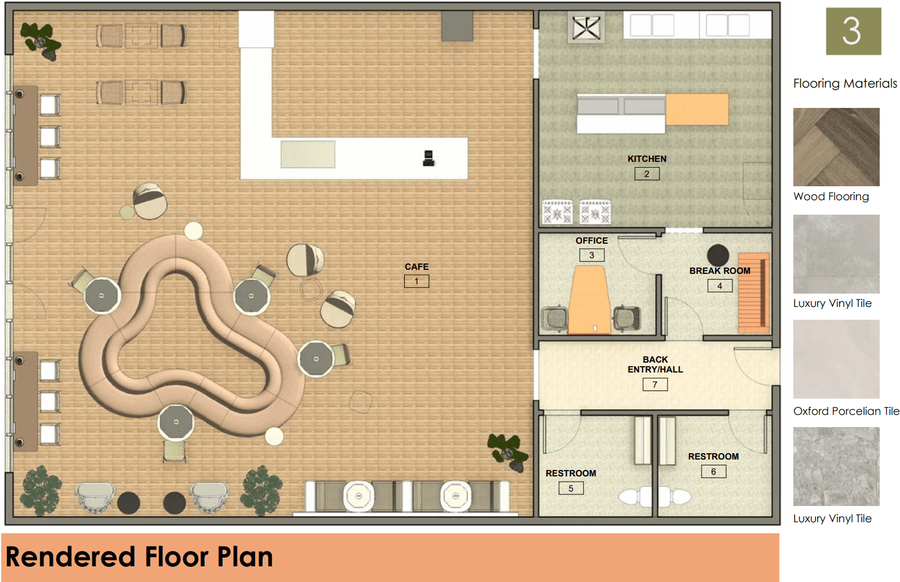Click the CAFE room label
coord(416,267)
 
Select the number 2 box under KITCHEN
coord(647,174)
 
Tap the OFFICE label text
coord(591,241)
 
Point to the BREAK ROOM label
coord(720,271)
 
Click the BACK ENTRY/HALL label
coord(655,364)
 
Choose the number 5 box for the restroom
coord(571,489)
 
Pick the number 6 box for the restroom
coord(713,472)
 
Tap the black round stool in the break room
coord(718,255)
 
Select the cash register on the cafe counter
coord(429,158)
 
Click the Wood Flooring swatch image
coord(836,147)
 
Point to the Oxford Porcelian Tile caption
coord(846,411)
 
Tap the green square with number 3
coord(853,31)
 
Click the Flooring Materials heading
coord(845,84)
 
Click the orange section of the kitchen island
coord(697,109)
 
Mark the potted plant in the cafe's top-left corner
coord(41,41)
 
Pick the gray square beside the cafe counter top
coord(457,26)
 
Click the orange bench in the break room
coord(754,292)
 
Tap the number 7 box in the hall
coord(655,385)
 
